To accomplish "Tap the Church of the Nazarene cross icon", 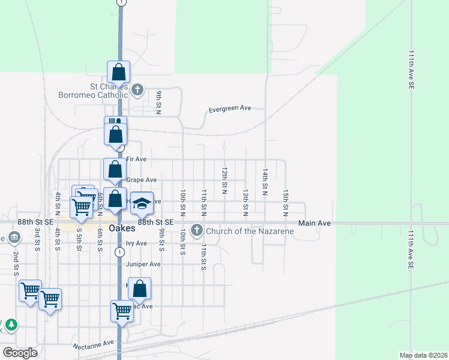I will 196,230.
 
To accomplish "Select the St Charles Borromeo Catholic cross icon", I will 137,91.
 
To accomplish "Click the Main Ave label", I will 316,223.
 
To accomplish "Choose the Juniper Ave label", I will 143,264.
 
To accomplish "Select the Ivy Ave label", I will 136,244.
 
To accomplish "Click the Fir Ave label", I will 136,159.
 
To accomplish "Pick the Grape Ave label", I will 141,180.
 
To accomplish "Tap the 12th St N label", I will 224,181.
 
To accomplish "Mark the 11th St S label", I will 203,257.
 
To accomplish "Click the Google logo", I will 20,353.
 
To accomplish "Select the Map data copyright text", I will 423,355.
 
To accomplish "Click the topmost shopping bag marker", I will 119,73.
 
